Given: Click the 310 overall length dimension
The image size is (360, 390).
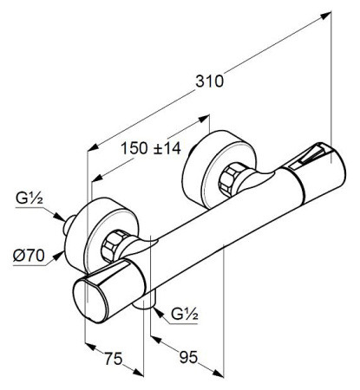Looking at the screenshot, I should point(209,81).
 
